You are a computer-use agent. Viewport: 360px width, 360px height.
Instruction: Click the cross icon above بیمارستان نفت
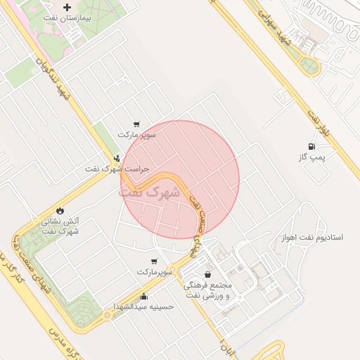pyautogui.click(x=67, y=8)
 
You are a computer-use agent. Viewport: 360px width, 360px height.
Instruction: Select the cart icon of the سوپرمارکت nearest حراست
pyautogui.click(x=136, y=123)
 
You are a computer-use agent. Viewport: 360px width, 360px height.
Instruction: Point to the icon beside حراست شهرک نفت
pyautogui.click(x=117, y=158)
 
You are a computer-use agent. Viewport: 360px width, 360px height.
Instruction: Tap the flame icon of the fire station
pyautogui.click(x=60, y=210)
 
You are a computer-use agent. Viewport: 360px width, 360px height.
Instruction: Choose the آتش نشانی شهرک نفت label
pyautogui.click(x=60, y=226)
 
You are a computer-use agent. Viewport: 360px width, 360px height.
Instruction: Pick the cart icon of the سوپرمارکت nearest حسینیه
pyautogui.click(x=153, y=261)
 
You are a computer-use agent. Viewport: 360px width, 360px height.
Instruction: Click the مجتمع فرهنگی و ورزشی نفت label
pyautogui.click(x=207, y=290)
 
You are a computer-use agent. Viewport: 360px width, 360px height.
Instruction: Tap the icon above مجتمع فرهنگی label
pyautogui.click(x=207, y=274)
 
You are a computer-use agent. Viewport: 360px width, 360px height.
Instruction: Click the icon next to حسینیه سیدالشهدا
pyautogui.click(x=144, y=296)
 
